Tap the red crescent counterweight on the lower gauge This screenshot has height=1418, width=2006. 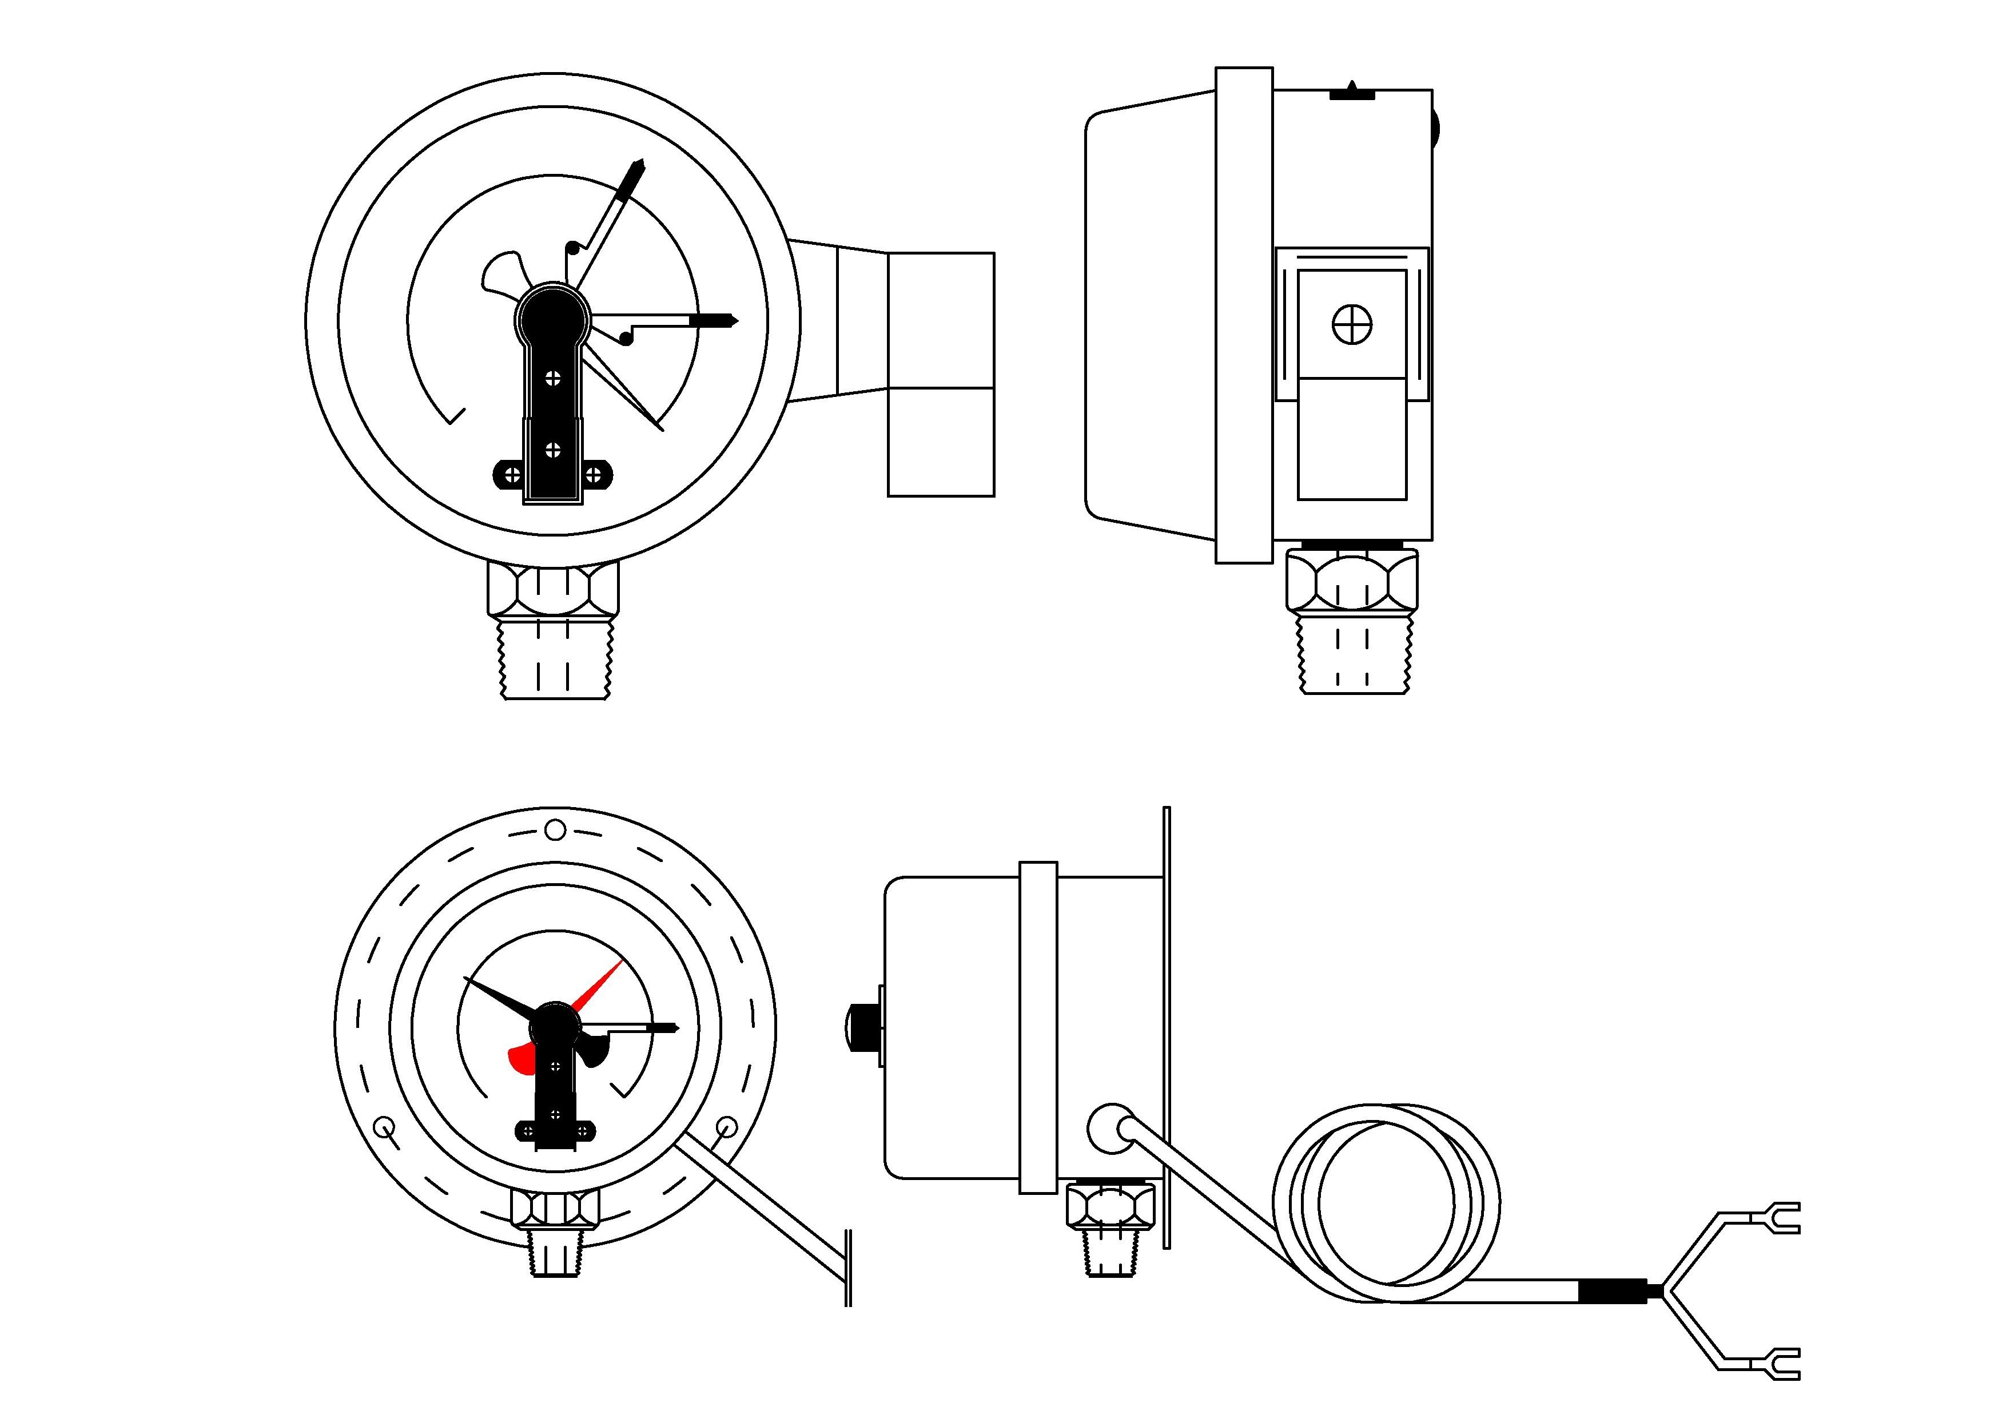pyautogui.click(x=523, y=1058)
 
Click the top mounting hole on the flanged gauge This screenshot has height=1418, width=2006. pyautogui.click(x=555, y=829)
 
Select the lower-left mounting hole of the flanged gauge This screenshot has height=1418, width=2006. pyautogui.click(x=384, y=1127)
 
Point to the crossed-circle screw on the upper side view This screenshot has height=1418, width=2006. pyautogui.click(x=1352, y=325)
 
